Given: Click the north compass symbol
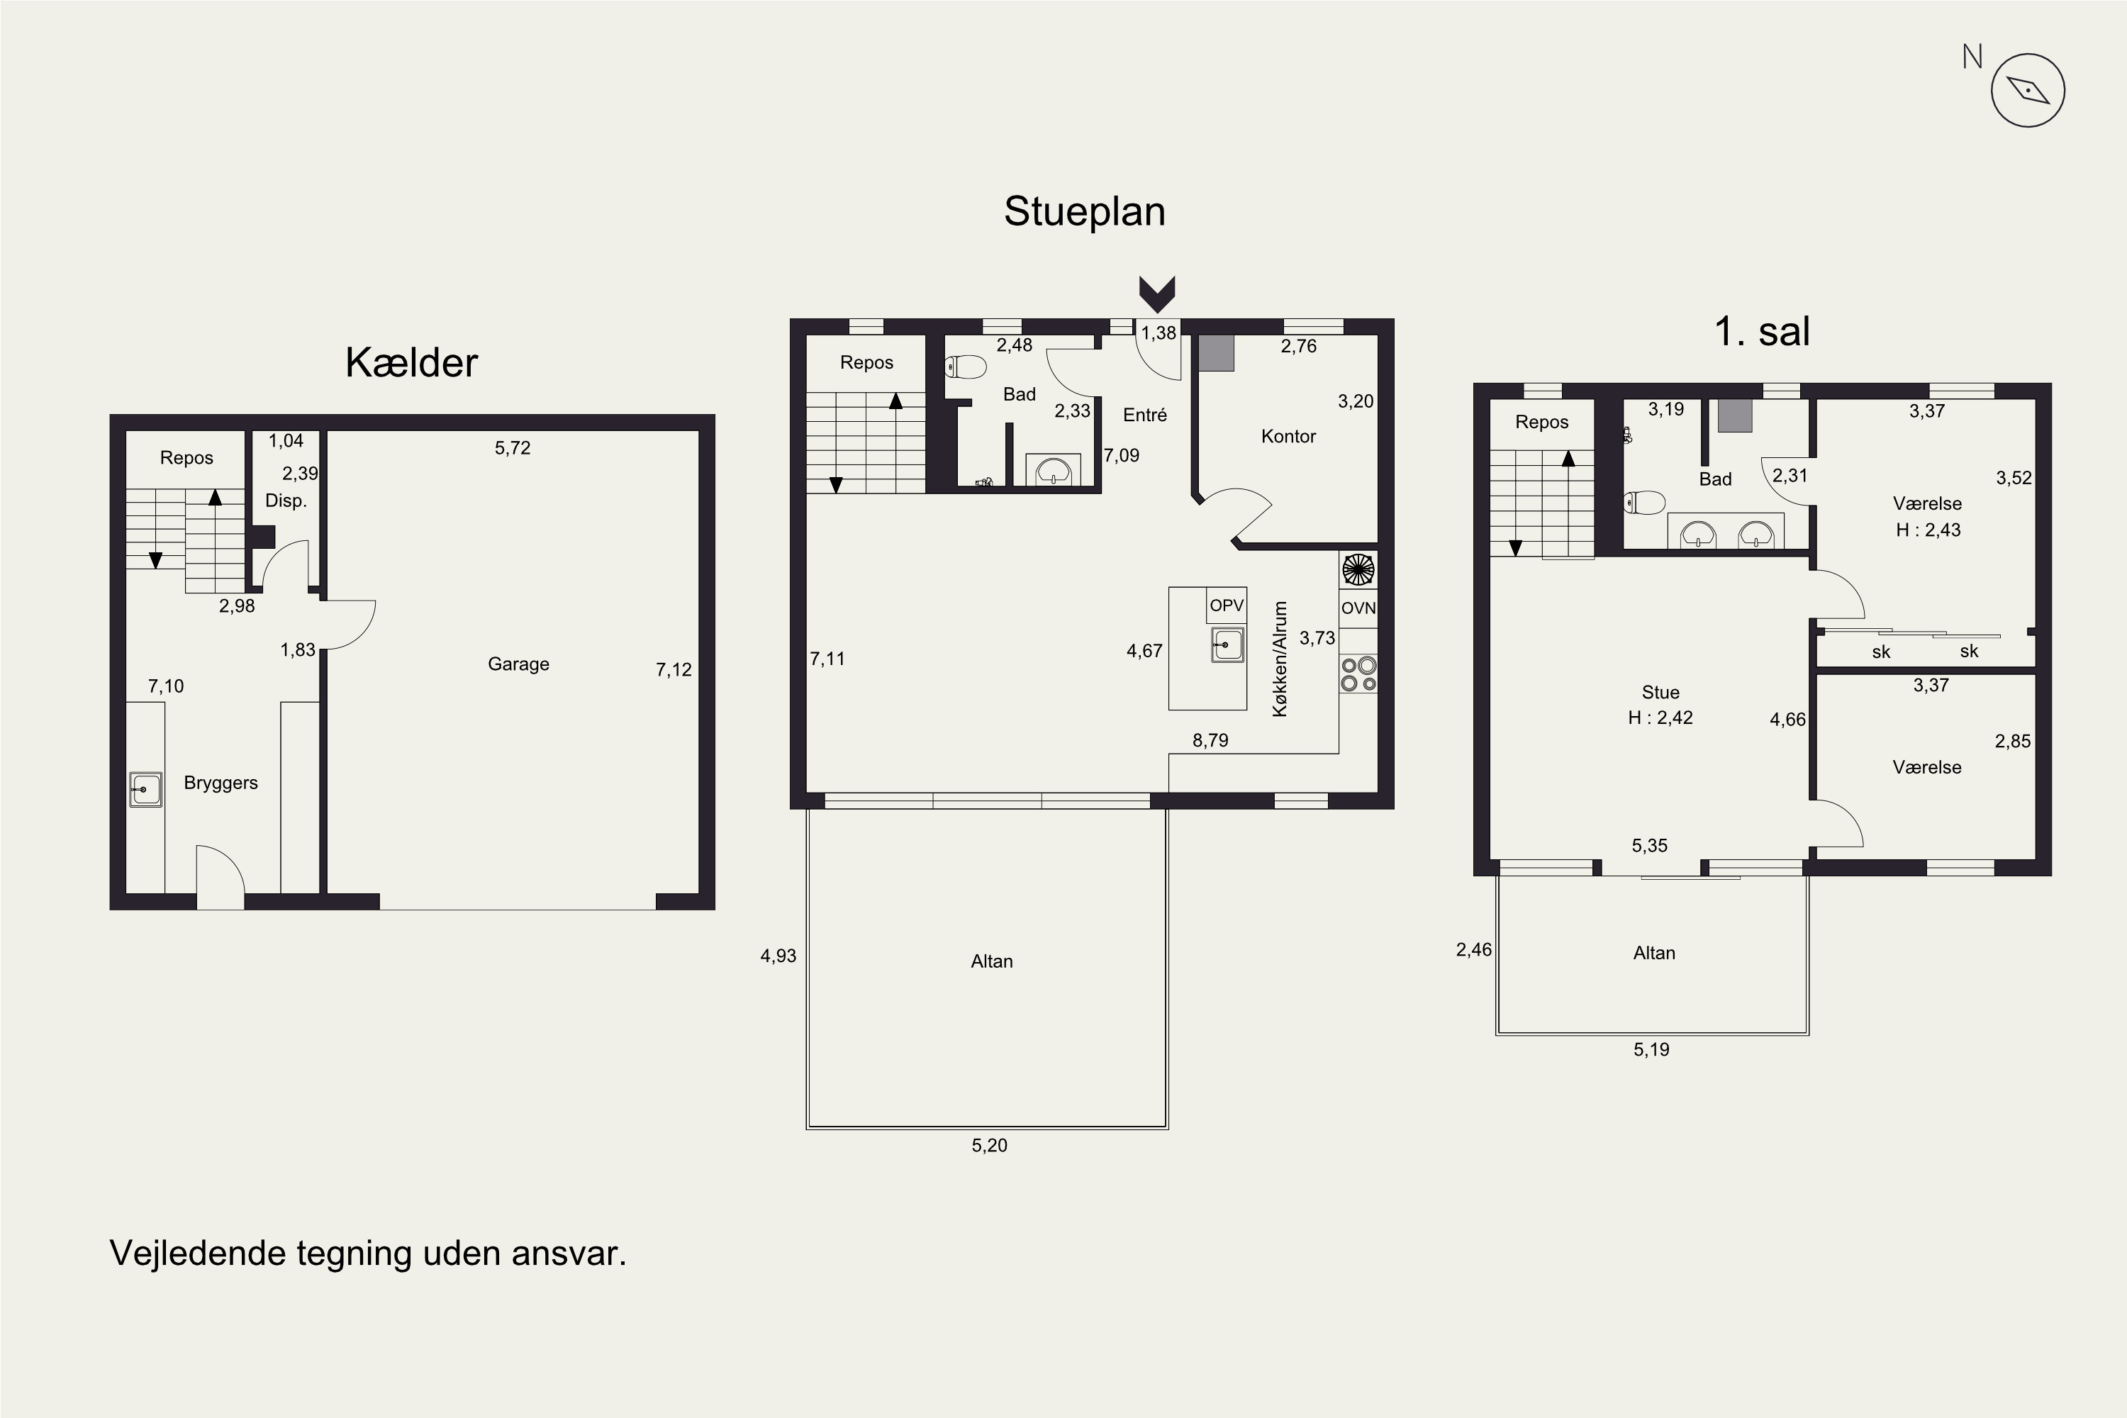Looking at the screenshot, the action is [x=2028, y=89].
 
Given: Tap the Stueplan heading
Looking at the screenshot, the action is [x=1084, y=211].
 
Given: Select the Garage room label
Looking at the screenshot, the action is [x=518, y=664].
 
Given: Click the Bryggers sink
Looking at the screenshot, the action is [x=145, y=788].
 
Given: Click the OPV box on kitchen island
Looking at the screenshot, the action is [x=1227, y=605].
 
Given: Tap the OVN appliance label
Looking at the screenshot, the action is [x=1358, y=608].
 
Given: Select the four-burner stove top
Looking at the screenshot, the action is [x=1358, y=674].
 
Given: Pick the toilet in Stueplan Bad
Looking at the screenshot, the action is [x=965, y=367].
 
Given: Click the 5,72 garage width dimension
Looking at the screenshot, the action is [x=512, y=447].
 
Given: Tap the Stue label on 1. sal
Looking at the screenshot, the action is [x=1660, y=692].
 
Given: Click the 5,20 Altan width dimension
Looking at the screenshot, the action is [x=989, y=1145].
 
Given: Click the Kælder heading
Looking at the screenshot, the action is [x=411, y=362].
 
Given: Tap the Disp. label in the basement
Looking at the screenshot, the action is [x=286, y=500].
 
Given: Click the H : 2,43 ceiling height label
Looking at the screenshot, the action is [x=1928, y=530].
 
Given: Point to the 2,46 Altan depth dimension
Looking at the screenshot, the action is [x=1474, y=949].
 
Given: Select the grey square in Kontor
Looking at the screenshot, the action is [x=1217, y=352].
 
